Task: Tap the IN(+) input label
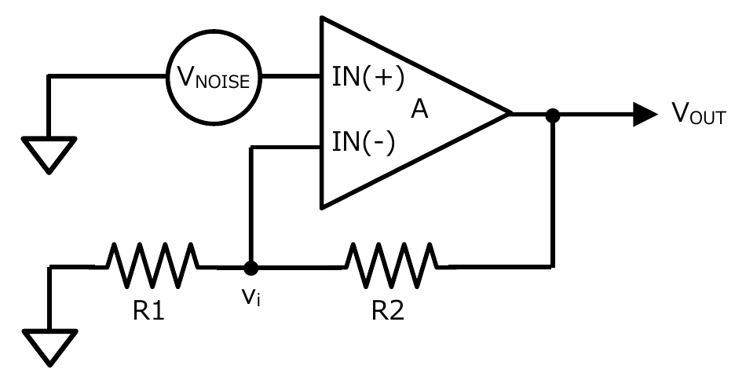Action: point(367,79)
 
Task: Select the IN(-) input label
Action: point(364,144)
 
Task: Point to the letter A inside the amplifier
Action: point(420,112)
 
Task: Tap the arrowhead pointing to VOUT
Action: point(645,115)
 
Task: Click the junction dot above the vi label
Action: point(250,268)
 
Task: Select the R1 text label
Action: point(147,311)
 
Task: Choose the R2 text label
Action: point(388,311)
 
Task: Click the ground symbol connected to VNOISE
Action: point(49,152)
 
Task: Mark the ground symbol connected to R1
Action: point(49,346)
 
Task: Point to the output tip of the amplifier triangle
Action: point(510,115)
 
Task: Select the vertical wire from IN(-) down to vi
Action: point(250,204)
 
